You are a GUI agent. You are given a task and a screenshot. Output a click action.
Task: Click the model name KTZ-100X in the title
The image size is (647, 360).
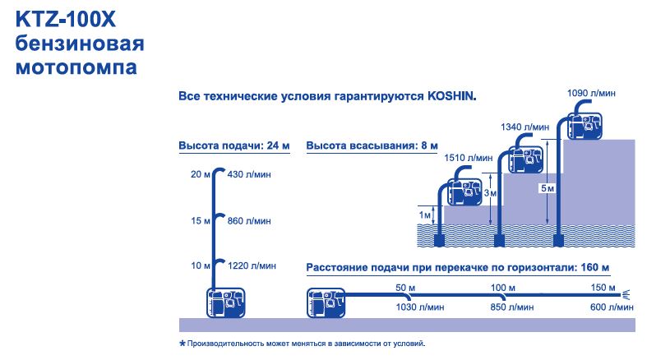pyautogui.click(x=66, y=20)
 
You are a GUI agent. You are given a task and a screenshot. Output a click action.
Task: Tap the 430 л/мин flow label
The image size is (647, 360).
pyautogui.click(x=249, y=174)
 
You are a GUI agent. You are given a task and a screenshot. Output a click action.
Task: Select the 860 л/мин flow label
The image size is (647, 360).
pyautogui.click(x=249, y=221)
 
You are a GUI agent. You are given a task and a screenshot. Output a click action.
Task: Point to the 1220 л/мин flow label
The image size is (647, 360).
pyautogui.click(x=252, y=266)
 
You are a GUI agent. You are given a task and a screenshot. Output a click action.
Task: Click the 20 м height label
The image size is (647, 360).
pyautogui.click(x=201, y=174)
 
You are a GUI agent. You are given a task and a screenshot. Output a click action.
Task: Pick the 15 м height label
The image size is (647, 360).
pyautogui.click(x=201, y=221)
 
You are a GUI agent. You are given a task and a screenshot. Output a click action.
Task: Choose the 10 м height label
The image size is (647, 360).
pyautogui.click(x=201, y=266)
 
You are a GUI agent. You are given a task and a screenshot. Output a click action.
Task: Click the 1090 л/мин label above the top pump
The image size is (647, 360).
pyautogui.click(x=591, y=93)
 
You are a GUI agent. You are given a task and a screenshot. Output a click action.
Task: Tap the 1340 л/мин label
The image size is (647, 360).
pyautogui.click(x=525, y=127)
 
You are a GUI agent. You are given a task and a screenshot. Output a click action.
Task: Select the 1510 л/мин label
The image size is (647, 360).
pyautogui.click(x=469, y=158)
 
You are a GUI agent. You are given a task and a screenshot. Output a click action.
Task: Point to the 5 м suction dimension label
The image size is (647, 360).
pyautogui.click(x=548, y=188)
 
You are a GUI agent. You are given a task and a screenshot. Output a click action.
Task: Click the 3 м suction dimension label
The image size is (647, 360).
pyautogui.click(x=490, y=193)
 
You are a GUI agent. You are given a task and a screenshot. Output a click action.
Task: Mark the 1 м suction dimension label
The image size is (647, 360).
pyautogui.click(x=424, y=215)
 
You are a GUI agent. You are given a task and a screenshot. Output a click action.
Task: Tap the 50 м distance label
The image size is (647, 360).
pyautogui.click(x=405, y=288)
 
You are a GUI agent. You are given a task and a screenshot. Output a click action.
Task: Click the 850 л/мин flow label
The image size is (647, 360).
pyautogui.click(x=511, y=307)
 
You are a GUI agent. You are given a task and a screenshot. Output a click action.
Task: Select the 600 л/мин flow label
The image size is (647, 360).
pyautogui.click(x=612, y=307)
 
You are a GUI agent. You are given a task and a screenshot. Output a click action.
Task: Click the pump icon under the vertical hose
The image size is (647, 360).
pyautogui.click(x=226, y=303)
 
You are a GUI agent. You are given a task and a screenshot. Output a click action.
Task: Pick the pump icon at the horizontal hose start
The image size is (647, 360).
pyautogui.click(x=326, y=303)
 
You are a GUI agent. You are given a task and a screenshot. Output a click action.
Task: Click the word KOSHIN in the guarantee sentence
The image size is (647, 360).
pyautogui.click(x=452, y=96)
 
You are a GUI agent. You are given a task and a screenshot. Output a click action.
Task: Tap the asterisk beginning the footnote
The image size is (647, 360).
pyautogui.click(x=183, y=343)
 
